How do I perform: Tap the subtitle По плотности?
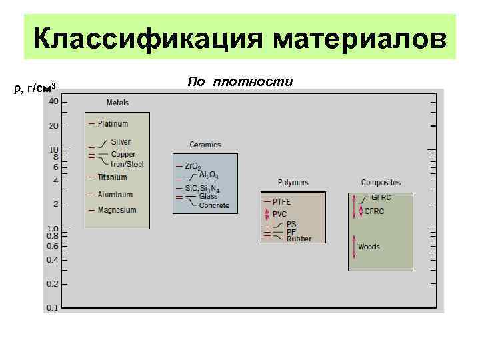click(240, 81)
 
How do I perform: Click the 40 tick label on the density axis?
click(53, 101)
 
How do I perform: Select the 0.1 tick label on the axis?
click(51, 308)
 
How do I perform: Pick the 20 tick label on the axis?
click(53, 125)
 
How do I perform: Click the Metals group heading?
click(117, 103)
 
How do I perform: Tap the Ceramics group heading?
click(205, 145)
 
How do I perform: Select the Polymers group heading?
click(293, 183)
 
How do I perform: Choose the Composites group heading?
click(381, 183)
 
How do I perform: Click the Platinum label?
click(113, 124)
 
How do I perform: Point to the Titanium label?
click(112, 177)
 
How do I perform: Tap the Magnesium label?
click(117, 210)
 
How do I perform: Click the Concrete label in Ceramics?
click(214, 205)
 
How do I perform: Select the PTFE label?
click(281, 201)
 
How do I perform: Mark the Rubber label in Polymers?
click(299, 239)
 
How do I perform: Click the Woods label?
click(369, 247)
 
